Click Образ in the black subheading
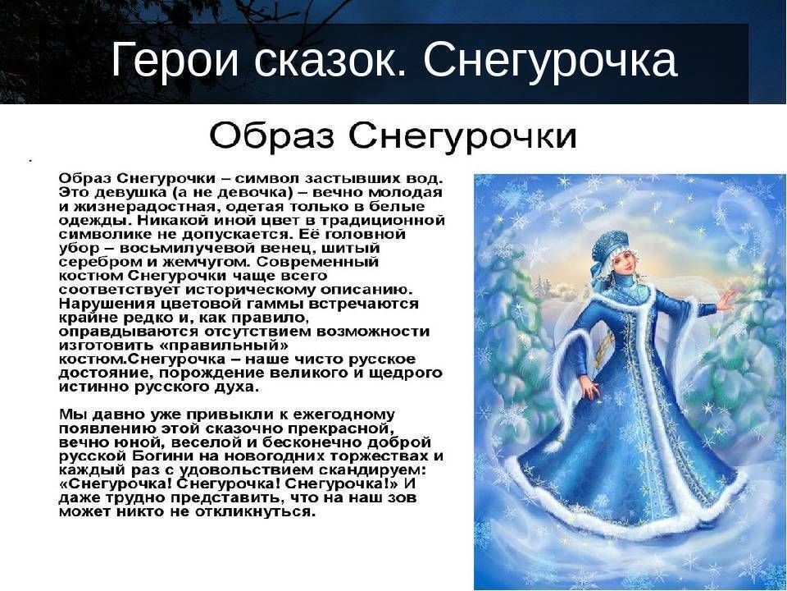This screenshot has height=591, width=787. (272, 135)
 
